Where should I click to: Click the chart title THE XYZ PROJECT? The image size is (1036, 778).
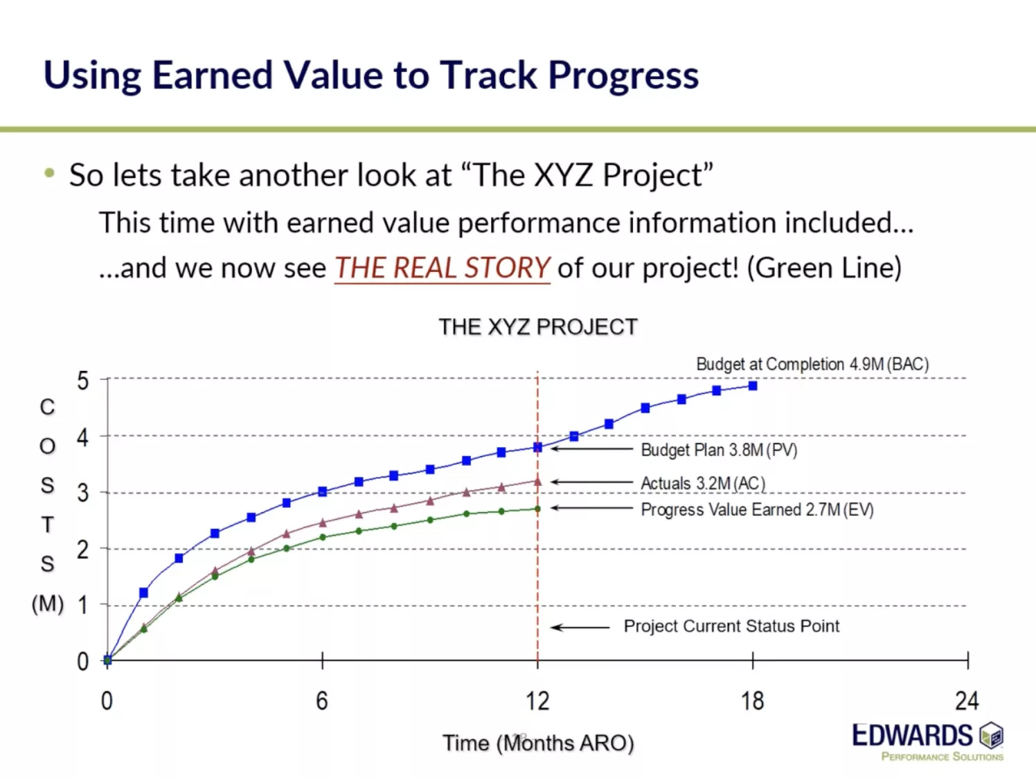point(538,327)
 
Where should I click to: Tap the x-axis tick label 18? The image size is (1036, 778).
point(752,701)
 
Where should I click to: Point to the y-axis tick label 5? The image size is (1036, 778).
point(82,380)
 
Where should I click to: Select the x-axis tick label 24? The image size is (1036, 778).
point(967,701)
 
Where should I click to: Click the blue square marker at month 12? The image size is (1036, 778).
point(537,447)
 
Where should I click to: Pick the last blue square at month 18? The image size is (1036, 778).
point(753,386)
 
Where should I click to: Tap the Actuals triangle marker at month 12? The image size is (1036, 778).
point(537,482)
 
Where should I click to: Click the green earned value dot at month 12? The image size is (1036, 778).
point(537,509)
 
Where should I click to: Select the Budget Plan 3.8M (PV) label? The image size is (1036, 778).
point(719,450)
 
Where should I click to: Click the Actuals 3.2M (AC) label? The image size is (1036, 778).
point(703,483)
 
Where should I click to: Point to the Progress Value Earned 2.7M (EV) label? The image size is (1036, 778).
point(757,509)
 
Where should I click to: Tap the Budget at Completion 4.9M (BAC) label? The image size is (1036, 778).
point(812,364)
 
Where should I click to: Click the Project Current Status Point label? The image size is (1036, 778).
point(731,626)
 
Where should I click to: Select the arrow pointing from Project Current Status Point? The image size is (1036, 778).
point(580,628)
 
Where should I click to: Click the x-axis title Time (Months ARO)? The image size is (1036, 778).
point(538,743)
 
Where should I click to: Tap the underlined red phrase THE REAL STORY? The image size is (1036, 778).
point(443,268)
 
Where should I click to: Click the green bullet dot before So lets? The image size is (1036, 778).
point(49,173)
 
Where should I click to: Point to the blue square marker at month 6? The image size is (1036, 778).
point(322,491)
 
